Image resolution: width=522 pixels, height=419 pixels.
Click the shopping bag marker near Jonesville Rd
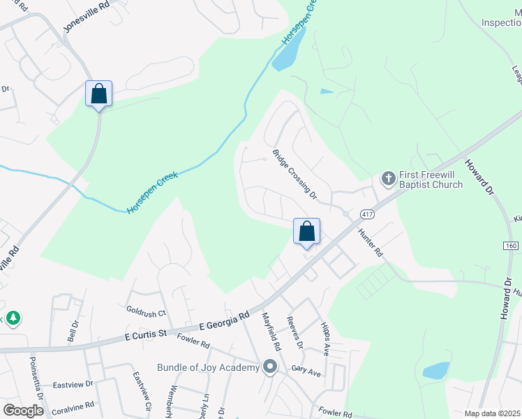coord(98,94)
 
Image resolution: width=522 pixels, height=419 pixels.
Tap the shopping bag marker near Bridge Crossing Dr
coord(306,231)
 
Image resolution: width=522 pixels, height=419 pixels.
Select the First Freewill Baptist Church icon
coord(388,179)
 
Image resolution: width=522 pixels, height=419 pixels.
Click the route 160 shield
coord(512,245)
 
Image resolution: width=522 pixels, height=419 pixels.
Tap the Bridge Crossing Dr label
coord(294,175)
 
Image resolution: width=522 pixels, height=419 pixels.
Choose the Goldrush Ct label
coord(145,312)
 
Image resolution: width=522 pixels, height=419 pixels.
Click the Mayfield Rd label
coord(271,332)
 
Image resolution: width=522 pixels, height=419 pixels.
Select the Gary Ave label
coord(306,371)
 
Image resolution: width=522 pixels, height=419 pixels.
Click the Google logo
coord(23,411)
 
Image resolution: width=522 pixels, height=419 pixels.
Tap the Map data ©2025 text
coord(491,413)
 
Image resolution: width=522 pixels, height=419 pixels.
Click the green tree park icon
coord(12,319)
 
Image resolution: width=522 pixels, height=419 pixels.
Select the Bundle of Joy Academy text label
coord(208,368)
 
